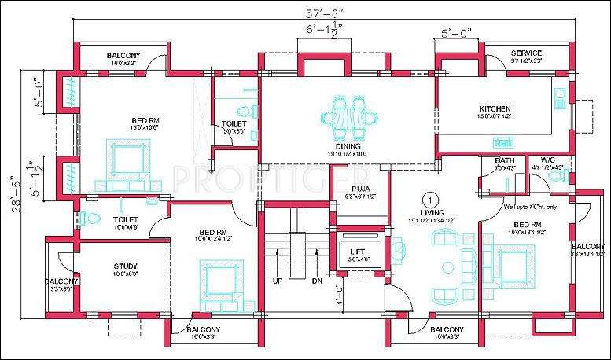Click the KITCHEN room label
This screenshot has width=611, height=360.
[495, 108]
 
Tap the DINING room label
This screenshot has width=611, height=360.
[348, 146]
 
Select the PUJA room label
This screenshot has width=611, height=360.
[361, 189]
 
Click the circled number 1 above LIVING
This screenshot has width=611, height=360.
[430, 199]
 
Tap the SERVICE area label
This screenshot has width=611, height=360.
[526, 53]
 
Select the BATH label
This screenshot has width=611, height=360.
[504, 160]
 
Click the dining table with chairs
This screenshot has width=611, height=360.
[348, 116]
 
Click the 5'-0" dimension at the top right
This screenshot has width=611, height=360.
[455, 34]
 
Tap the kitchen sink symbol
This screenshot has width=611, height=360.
[560, 98]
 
